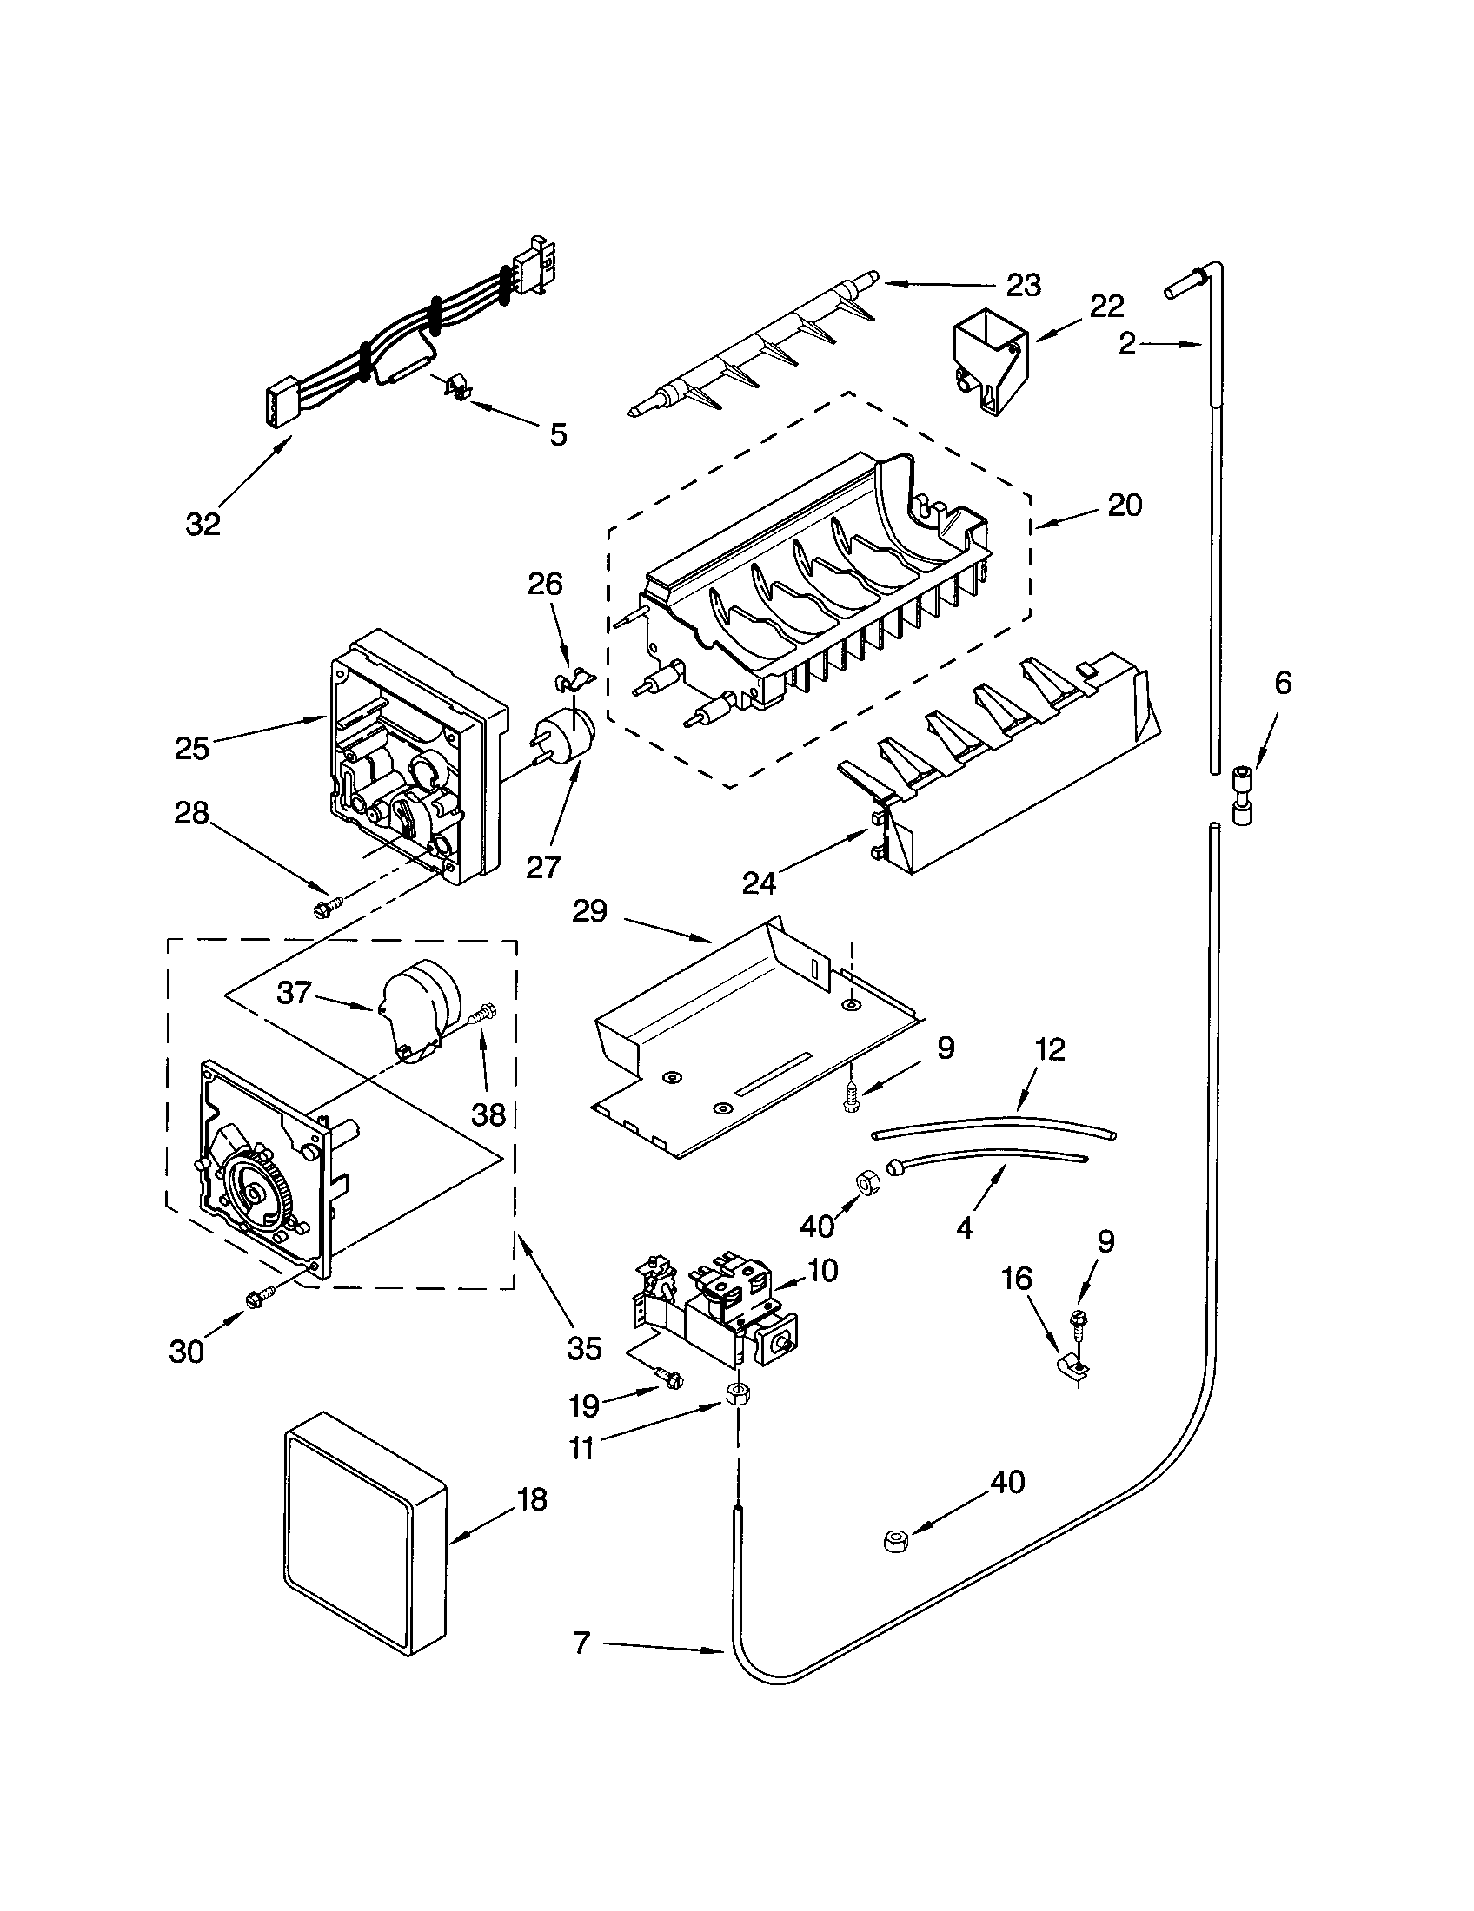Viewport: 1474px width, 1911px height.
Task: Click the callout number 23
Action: pyautogui.click(x=1023, y=285)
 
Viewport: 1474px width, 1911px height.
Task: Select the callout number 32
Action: pyautogui.click(x=203, y=524)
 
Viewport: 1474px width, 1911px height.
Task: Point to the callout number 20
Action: pyautogui.click(x=1125, y=505)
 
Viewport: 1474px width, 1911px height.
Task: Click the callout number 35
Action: pyautogui.click(x=584, y=1348)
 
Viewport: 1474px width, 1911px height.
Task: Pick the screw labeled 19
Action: pyautogui.click(x=670, y=1379)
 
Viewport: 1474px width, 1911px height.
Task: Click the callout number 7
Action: pyautogui.click(x=583, y=1643)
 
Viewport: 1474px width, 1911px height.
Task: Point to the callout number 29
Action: pyautogui.click(x=589, y=912)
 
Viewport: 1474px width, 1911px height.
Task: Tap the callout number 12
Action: pyautogui.click(x=1050, y=1049)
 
